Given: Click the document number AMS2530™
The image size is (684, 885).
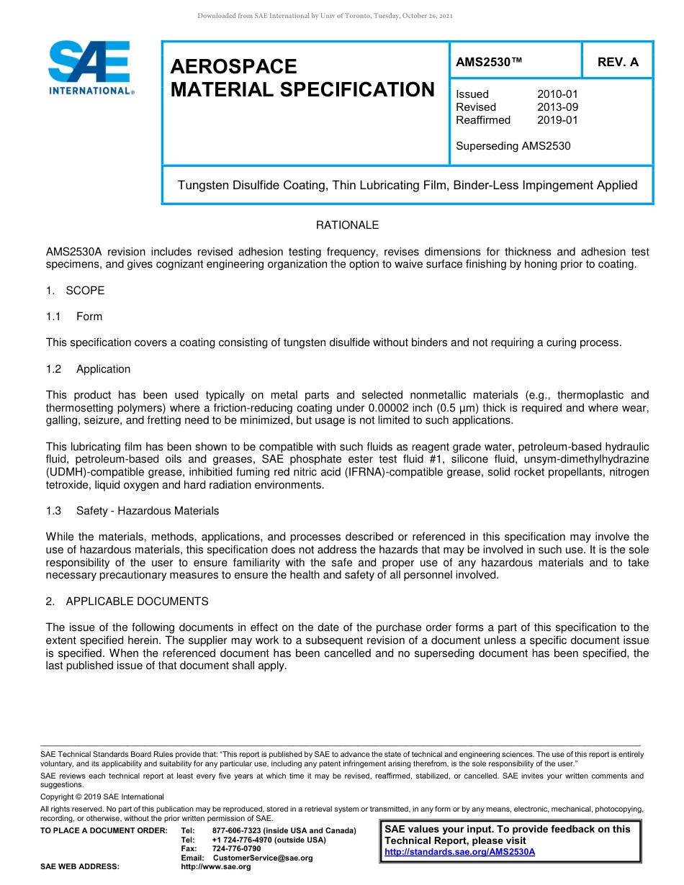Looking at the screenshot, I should [489, 63].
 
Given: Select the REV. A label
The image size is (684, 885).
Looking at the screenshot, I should [618, 63].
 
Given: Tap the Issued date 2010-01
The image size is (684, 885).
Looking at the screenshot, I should [557, 94].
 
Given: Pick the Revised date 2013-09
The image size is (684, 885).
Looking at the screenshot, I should [557, 107].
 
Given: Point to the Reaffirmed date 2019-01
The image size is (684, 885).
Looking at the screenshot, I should [557, 120].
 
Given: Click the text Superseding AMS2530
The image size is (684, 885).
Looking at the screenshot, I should [513, 146].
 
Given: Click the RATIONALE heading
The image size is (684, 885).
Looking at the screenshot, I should [347, 225].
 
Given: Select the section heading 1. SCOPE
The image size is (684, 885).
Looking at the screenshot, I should [76, 291].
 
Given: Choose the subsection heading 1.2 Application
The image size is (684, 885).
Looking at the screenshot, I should [89, 369].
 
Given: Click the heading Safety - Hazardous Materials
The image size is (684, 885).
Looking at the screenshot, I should [147, 511].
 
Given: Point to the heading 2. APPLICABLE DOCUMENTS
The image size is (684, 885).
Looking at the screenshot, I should [127, 602].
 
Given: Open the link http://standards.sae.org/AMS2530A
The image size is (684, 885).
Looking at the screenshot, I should [460, 852].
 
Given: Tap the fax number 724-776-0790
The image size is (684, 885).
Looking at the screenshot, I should [237, 849].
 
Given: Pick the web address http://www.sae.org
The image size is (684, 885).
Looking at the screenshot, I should [216, 867].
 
